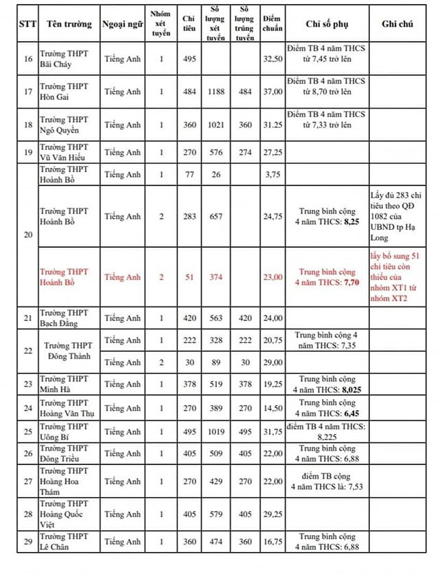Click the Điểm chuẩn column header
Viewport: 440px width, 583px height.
coord(273,23)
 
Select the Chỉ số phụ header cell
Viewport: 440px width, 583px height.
coord(327,23)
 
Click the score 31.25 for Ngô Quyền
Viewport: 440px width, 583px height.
coord(273,125)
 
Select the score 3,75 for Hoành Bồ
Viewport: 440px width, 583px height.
coord(273,175)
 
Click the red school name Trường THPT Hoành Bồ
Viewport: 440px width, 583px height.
coord(64,277)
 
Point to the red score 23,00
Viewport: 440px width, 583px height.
coord(273,277)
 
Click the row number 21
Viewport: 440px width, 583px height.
coord(28,318)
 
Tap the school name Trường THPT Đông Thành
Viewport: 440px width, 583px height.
coord(69,351)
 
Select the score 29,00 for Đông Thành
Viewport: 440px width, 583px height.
coord(273,362)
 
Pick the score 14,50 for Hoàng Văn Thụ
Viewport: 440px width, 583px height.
coord(273,408)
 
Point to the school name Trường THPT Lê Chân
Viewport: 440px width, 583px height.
coord(64,541)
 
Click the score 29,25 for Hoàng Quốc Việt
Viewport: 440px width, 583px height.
coord(273,514)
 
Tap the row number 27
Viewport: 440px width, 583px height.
coord(28,481)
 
